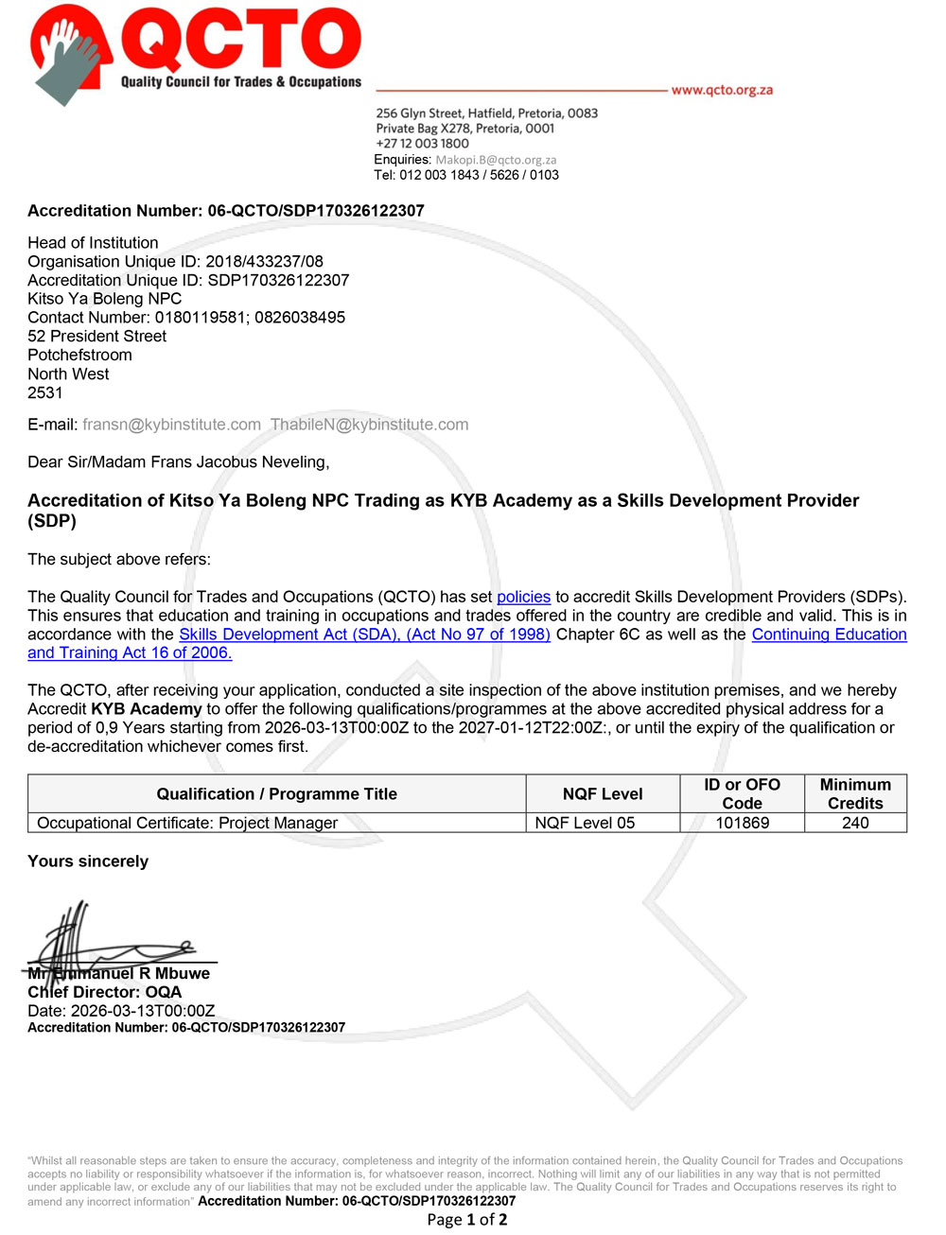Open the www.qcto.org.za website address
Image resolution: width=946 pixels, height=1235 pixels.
722,90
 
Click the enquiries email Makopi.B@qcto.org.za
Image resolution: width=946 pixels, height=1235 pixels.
496,160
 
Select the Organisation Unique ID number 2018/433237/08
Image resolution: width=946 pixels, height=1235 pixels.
264,261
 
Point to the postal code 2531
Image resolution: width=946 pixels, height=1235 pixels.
45,392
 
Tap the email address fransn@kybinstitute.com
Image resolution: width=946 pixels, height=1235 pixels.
171,425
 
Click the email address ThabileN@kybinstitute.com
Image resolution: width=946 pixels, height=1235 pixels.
369,425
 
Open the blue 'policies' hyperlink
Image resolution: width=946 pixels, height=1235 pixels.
523,597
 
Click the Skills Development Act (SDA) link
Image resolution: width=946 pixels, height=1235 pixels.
364,635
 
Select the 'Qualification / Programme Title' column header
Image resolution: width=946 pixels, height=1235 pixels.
276,794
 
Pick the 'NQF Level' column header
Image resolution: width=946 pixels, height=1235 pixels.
603,794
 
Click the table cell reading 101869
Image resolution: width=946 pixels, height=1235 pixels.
743,823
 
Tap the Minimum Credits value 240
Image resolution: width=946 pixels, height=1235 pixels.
855,823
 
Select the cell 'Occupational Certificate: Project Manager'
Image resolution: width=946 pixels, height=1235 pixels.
187,823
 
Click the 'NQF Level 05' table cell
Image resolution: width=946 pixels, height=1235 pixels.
585,823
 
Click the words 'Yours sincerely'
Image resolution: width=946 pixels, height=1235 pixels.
88,861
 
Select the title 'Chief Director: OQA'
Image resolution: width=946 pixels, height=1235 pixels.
104,992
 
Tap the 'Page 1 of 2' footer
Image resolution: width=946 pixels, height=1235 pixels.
467,1220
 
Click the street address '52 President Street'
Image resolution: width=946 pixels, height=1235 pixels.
96,337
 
